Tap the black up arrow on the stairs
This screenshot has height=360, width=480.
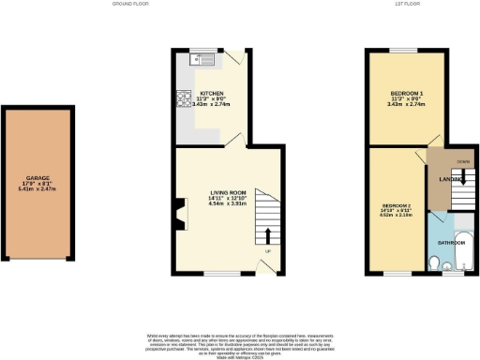click(269, 235)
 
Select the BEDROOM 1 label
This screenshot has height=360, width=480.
click(406, 94)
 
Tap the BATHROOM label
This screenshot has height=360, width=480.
click(452, 242)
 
